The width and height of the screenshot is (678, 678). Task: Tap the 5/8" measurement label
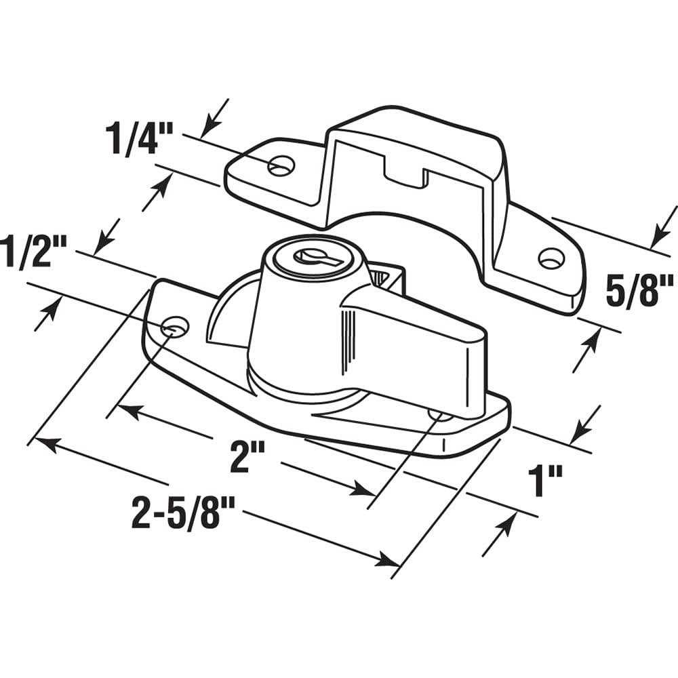[x=637, y=290]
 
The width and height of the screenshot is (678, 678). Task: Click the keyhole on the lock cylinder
[x=310, y=256]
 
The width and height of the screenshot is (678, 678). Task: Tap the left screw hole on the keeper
[x=281, y=165]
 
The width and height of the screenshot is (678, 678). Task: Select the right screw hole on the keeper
[x=551, y=258]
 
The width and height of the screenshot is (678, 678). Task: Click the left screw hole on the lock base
[x=175, y=327]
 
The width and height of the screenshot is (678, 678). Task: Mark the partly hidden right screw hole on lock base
[x=439, y=413]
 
